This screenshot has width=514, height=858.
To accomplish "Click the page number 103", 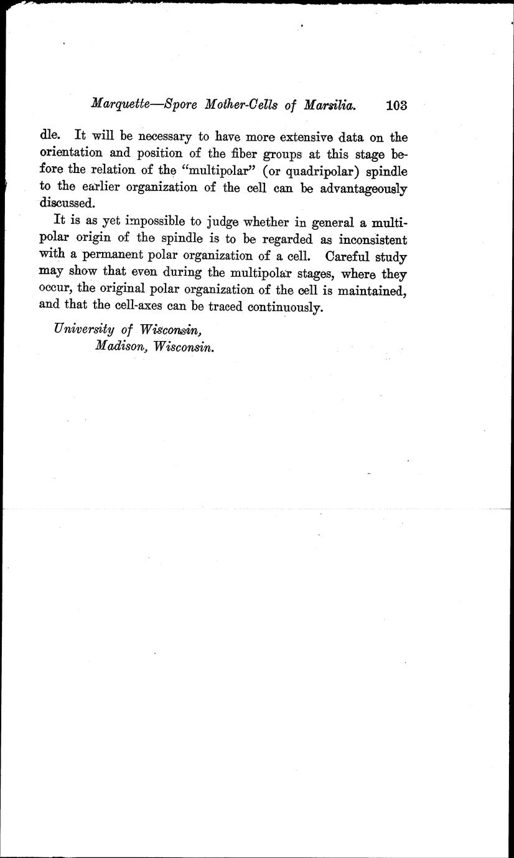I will coord(396,105).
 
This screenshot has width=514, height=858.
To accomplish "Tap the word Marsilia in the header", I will coord(330,105).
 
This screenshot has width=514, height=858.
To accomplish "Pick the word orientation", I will coord(70,153).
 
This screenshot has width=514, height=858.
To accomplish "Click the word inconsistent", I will coord(364,240).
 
